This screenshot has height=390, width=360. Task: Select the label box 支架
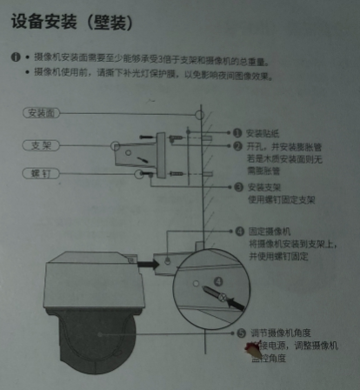click(42, 144)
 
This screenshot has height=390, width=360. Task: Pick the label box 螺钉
click(40, 174)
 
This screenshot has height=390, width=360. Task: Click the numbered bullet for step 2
click(237, 146)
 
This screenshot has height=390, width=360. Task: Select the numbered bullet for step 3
click(238, 187)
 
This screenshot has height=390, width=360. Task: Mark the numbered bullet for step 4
click(239, 232)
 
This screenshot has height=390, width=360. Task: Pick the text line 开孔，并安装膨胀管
click(282, 146)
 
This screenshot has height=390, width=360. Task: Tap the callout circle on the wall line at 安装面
click(199, 114)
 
